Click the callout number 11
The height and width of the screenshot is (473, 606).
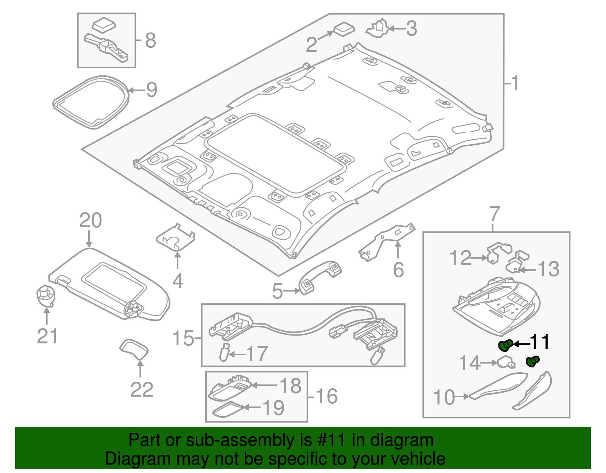click(x=539, y=342)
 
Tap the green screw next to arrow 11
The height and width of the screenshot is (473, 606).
click(x=505, y=345)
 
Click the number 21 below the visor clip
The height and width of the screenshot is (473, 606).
click(x=47, y=336)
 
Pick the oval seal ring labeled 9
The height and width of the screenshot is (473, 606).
click(x=91, y=101)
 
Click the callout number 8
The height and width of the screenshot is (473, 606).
click(x=150, y=41)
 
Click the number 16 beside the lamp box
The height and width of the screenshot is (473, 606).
click(x=326, y=397)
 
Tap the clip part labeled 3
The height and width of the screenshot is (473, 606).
click(x=377, y=28)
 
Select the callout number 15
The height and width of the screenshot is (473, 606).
click(x=183, y=338)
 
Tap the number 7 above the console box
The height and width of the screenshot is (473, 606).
click(x=495, y=214)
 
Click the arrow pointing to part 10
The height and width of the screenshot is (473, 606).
click(x=462, y=397)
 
